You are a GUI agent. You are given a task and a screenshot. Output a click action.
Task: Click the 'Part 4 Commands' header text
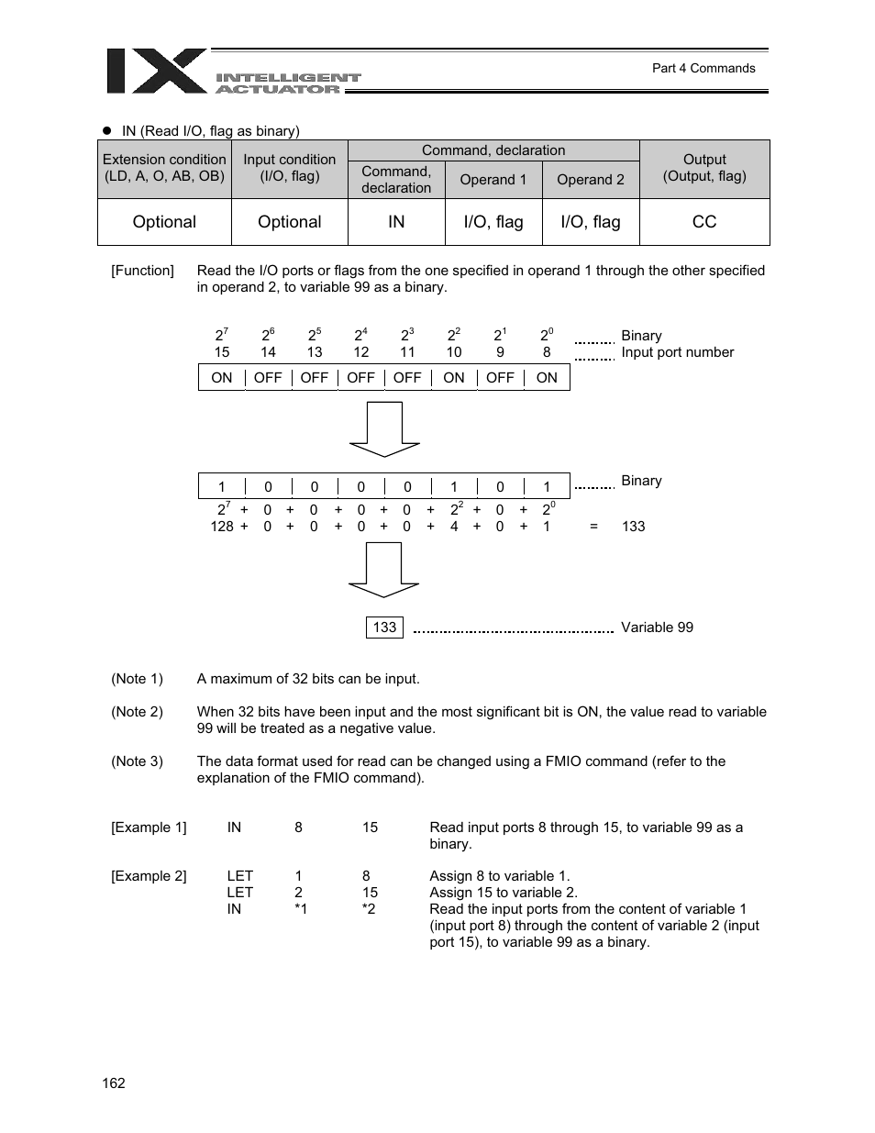tap(703, 68)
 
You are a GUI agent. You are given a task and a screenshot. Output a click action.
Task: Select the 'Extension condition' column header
tap(164, 168)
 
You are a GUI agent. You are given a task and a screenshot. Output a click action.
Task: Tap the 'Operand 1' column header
tap(493, 180)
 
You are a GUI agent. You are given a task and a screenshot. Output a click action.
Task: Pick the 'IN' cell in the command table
tap(396, 222)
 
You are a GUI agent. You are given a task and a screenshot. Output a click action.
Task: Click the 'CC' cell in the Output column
tap(703, 222)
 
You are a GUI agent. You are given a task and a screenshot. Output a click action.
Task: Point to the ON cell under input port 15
tap(222, 378)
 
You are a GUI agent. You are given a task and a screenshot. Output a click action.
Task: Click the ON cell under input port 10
tap(454, 378)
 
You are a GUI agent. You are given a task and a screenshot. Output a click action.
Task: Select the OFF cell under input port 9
tap(500, 378)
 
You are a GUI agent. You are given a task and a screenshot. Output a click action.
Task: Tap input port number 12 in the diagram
tap(361, 352)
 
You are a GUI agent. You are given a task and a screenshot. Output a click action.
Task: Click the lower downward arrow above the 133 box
tap(384, 570)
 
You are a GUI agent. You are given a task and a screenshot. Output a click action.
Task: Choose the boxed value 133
tap(384, 628)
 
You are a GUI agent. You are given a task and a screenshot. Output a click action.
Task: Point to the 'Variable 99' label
tap(657, 628)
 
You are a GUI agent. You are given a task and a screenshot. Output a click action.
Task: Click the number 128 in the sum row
tap(222, 527)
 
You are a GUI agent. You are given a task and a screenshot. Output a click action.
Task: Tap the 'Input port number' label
tap(677, 352)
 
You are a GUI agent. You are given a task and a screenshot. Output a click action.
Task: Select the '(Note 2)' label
tap(138, 712)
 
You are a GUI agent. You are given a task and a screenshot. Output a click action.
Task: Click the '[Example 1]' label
tap(149, 828)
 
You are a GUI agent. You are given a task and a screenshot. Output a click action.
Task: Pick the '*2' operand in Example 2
tap(369, 909)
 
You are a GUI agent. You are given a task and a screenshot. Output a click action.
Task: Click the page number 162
tap(114, 1083)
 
